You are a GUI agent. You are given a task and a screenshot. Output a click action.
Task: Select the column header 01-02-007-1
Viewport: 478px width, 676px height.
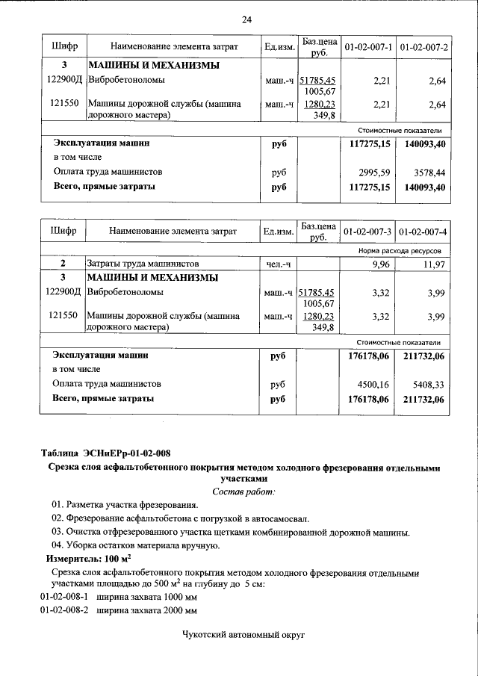tap(368, 48)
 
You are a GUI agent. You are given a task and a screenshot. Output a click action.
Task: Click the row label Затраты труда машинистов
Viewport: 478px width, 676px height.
tap(143, 264)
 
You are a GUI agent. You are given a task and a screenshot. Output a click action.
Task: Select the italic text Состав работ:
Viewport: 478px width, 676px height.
tap(243, 491)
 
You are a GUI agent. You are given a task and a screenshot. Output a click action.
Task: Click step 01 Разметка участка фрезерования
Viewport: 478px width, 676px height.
tap(125, 505)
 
